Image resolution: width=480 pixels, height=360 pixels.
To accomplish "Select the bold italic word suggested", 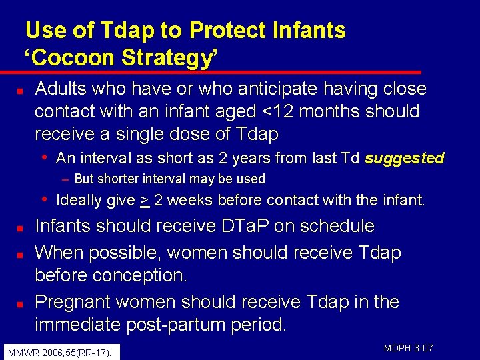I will pos(404,158).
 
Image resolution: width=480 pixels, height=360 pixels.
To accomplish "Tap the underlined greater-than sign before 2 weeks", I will pos(144,200).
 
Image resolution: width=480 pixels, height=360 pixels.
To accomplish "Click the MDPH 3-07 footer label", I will pos(409,348).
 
